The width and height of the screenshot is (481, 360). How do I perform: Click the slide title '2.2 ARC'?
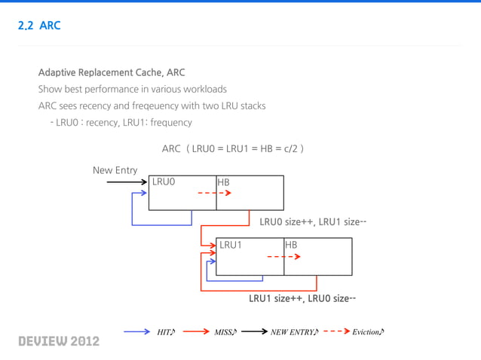tap(38, 26)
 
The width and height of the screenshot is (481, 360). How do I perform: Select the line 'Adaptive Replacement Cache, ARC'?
tap(111, 72)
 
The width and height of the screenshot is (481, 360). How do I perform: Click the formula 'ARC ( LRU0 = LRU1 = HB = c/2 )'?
tap(232, 148)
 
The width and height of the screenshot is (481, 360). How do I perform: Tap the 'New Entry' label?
tap(115, 170)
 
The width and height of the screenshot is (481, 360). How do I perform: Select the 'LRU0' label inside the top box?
tap(164, 182)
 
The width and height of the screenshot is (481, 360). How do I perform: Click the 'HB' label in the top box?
tap(223, 182)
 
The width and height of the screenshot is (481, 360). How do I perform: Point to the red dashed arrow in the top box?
tap(214, 193)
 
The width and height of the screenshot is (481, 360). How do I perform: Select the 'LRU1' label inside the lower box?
tap(231, 245)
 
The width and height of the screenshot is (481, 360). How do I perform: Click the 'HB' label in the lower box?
tap(291, 245)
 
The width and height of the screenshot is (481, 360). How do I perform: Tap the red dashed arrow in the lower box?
tap(283, 256)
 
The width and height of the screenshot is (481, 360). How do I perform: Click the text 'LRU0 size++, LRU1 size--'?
tap(313, 222)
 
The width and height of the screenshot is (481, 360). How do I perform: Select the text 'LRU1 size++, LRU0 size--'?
tap(302, 298)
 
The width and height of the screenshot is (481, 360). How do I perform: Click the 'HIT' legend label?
tap(165, 332)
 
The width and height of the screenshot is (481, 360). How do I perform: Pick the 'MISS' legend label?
tap(225, 332)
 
